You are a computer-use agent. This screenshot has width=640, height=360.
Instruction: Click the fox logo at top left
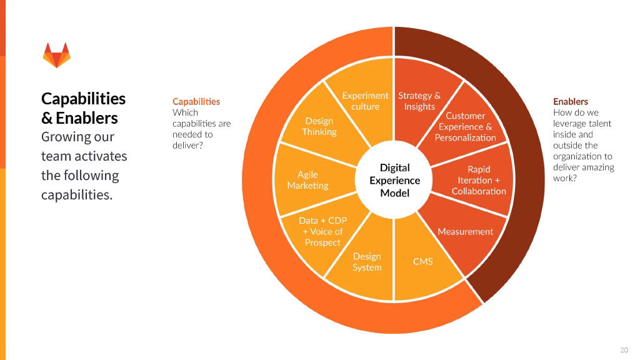[x=56, y=55]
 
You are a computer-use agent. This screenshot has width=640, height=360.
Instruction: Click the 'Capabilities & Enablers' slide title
[x=83, y=108]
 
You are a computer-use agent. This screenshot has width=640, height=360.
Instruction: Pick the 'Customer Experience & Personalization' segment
[x=465, y=126]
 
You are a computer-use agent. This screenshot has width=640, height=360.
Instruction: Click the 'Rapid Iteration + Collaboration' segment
[x=479, y=180]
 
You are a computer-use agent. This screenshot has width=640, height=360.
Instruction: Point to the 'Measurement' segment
[x=465, y=231]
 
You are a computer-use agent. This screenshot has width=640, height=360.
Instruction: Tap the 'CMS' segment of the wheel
[x=423, y=261]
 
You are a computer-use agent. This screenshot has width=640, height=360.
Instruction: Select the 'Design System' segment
[x=367, y=262]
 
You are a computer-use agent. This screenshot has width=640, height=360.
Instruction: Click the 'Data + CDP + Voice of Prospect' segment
[x=322, y=231]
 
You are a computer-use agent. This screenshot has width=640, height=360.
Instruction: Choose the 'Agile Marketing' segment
[x=307, y=180]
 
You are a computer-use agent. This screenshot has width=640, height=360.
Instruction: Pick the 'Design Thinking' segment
[x=319, y=126]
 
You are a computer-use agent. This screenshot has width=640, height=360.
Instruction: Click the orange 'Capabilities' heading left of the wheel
[x=196, y=101]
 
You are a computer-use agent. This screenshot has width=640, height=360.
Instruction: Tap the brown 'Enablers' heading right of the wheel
[x=571, y=101]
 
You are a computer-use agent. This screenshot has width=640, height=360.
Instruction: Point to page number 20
[x=624, y=349]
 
